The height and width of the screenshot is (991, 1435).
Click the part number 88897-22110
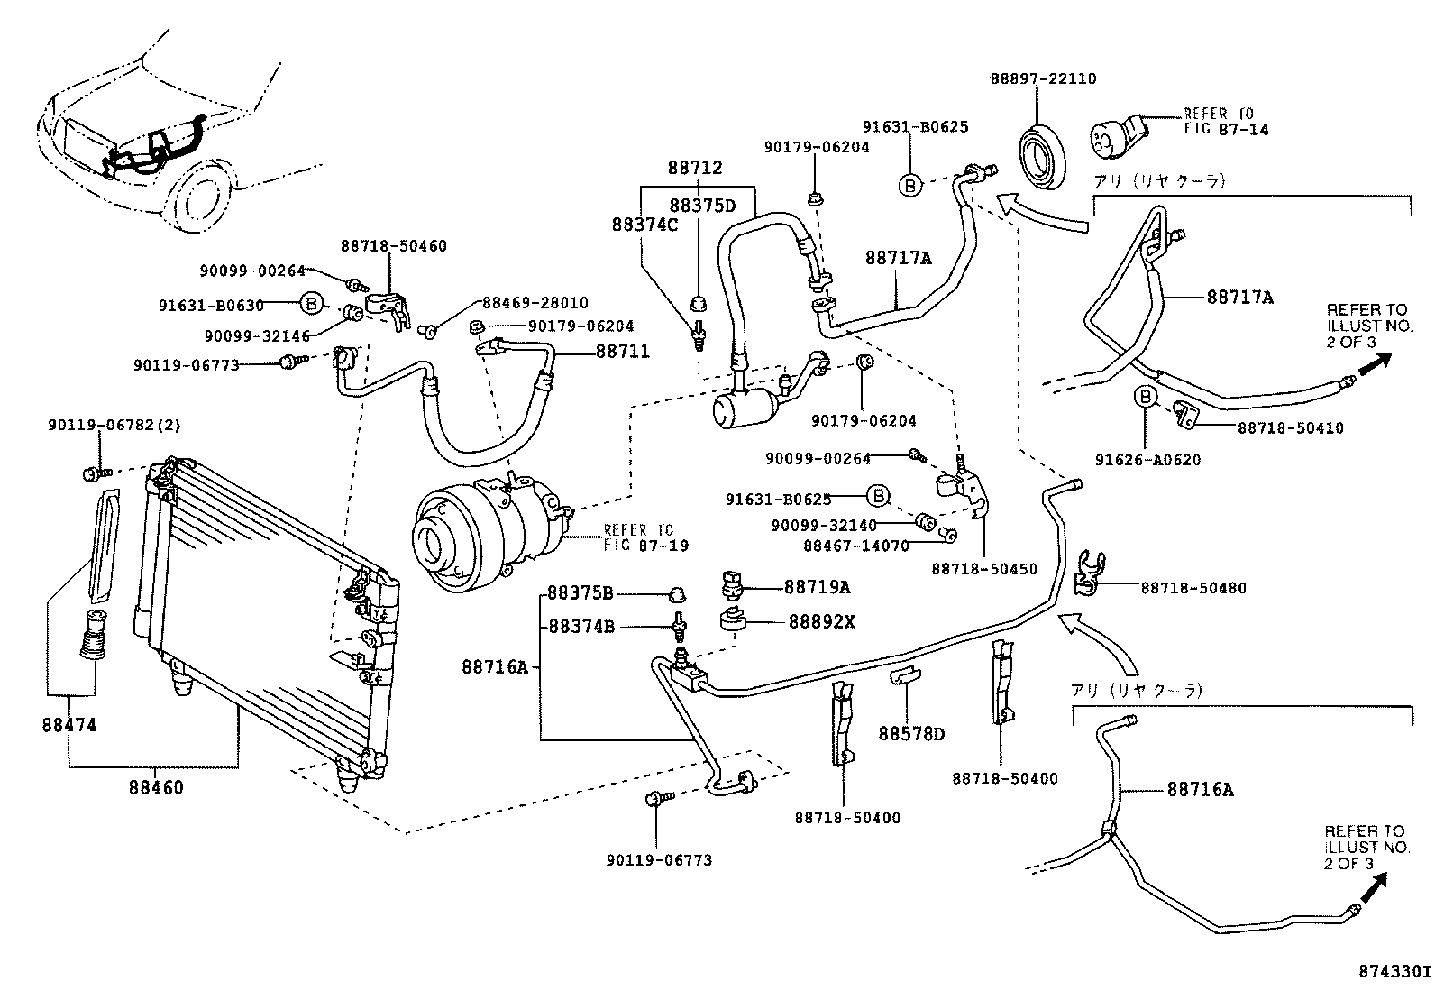[x=1044, y=78]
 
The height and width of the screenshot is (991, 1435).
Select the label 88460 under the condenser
[x=155, y=787]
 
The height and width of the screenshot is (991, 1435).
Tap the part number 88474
[x=69, y=725]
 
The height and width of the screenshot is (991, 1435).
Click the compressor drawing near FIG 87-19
[x=487, y=528]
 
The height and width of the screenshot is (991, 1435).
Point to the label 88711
[x=622, y=351]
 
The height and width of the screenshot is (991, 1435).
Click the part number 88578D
[x=911, y=734]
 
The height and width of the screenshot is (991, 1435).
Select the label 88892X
[x=821, y=621]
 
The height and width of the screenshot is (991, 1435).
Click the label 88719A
[x=817, y=587]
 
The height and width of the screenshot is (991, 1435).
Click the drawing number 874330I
[x=1394, y=972]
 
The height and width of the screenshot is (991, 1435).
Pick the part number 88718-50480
[x=1193, y=588]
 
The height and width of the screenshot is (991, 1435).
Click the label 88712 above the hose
[x=695, y=168]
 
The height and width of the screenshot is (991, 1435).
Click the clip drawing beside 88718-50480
[x=1089, y=573]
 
